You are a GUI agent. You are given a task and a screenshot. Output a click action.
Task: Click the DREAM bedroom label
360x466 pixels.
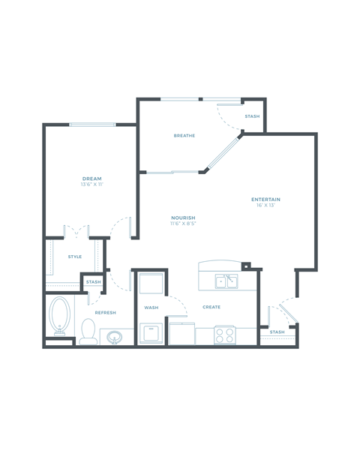[x=91, y=179]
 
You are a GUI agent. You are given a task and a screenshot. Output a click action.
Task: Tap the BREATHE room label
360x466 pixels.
[x=184, y=136]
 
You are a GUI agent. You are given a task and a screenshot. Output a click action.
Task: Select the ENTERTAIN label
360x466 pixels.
[x=265, y=199]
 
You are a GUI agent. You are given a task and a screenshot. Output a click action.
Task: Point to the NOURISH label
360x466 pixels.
[x=183, y=218]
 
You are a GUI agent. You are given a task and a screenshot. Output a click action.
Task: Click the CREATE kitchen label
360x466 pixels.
[x=211, y=307]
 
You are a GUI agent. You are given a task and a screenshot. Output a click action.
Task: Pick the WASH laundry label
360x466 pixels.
[x=150, y=308]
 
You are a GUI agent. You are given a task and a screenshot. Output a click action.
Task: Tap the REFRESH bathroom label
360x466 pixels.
[x=105, y=313]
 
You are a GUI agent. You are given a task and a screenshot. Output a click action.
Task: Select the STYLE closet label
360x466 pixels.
[x=75, y=257]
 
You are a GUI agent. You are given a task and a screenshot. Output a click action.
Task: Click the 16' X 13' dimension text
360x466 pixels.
[x=265, y=205]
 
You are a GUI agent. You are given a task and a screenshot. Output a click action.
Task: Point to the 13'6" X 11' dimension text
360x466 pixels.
[x=91, y=185]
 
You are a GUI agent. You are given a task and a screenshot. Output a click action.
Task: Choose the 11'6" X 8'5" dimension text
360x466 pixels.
[x=183, y=224]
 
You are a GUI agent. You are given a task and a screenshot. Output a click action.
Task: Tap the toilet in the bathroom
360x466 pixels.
[x=88, y=331]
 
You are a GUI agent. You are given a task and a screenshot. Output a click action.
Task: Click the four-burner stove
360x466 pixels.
[x=224, y=334]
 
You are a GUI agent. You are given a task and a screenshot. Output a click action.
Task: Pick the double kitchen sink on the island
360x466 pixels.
[x=226, y=281]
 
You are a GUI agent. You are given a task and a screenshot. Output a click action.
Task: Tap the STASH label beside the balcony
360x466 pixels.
[x=252, y=117]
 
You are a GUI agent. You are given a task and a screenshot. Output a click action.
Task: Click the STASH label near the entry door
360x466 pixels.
[x=277, y=332]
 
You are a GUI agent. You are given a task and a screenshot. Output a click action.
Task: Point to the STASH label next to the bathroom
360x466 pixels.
[x=93, y=282]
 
